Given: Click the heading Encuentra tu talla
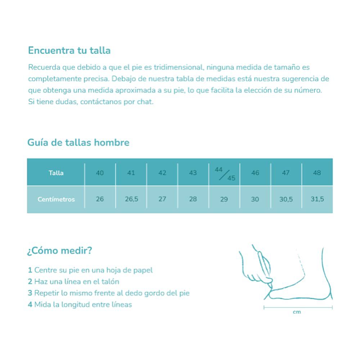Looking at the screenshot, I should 69,50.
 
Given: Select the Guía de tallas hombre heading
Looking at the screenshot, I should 78,143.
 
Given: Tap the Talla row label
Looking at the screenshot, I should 56,173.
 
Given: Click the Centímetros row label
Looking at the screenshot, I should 56,199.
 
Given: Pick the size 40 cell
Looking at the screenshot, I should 100,173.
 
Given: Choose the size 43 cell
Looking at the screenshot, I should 193,173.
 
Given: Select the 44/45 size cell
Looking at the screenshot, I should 224,173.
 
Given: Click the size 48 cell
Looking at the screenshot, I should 317,173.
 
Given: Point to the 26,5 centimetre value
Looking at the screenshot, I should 131,199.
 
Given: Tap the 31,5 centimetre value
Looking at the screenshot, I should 317,199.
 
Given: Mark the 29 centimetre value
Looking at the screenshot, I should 224,199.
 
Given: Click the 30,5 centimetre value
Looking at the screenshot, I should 286,199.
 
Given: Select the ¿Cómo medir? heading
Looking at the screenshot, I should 59,251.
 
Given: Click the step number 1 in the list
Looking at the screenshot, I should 30,270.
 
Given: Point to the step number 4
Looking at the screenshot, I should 30,305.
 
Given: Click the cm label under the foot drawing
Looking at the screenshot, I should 297,312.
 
